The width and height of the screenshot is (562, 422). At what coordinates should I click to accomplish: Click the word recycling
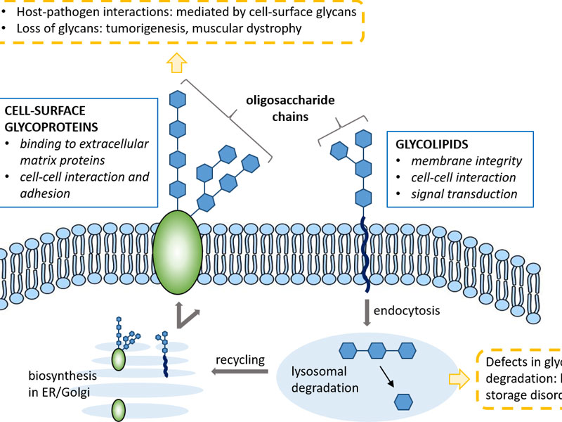[x=241, y=360]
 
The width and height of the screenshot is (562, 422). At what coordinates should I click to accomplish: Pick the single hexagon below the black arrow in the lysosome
[x=403, y=402]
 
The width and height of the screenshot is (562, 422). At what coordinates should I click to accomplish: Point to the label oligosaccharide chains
[x=290, y=109]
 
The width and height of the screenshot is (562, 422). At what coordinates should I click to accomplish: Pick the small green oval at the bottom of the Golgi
[x=117, y=409]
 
